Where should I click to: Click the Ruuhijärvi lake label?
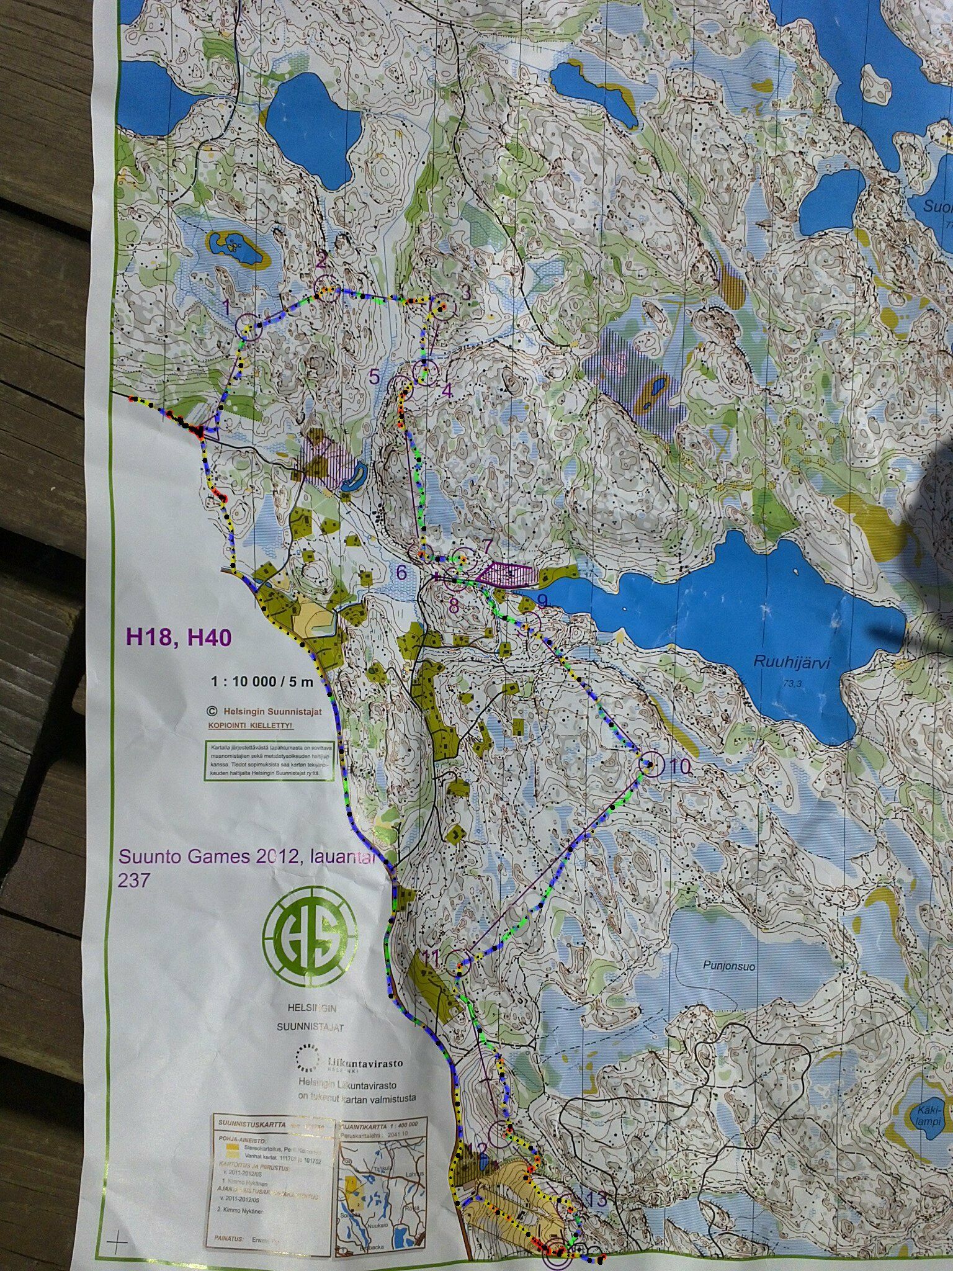pyautogui.click(x=792, y=662)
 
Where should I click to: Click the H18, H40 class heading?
pyautogui.click(x=179, y=637)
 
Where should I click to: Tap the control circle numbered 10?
pyautogui.click(x=650, y=765)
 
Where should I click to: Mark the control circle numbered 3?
pyautogui.click(x=442, y=306)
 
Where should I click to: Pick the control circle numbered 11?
pyautogui.click(x=460, y=962)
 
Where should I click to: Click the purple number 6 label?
pyautogui.click(x=401, y=572)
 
